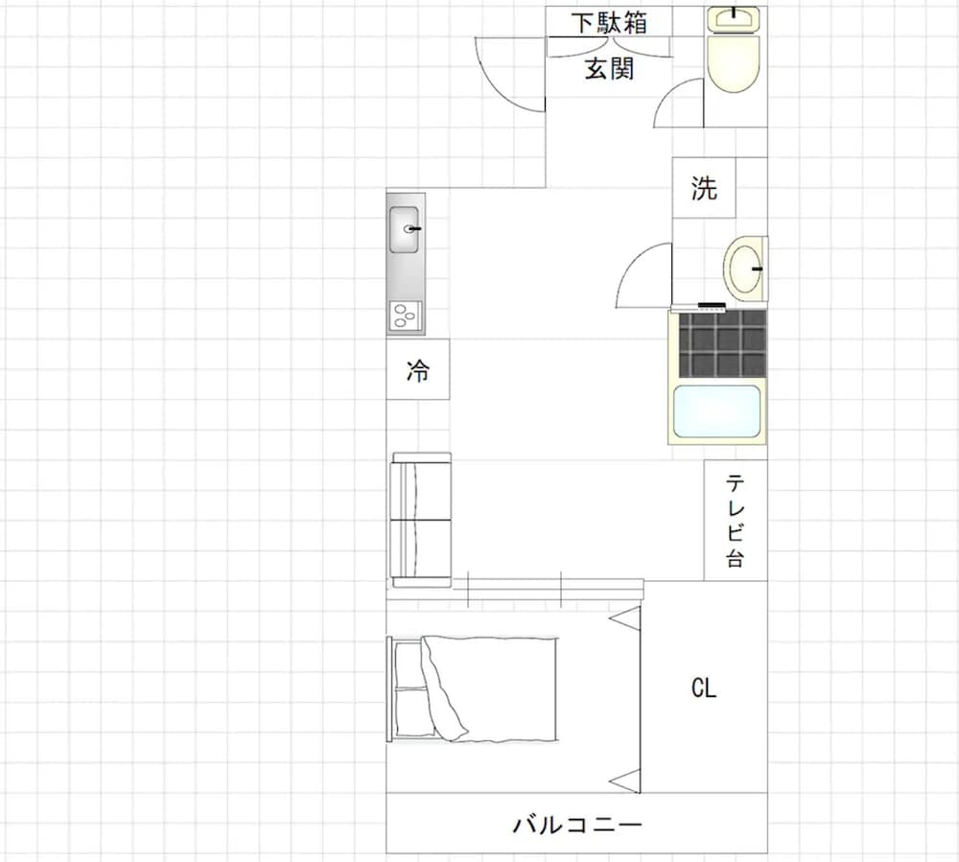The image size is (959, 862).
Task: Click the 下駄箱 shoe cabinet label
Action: (609, 23)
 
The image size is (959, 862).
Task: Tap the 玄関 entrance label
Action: (609, 68)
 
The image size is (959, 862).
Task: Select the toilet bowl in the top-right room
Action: (734, 63)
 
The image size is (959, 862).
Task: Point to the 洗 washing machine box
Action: (704, 188)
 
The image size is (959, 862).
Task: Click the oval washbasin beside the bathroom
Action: (745, 269)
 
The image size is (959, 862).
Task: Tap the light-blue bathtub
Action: (716, 411)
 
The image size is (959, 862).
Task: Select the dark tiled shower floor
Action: (722, 343)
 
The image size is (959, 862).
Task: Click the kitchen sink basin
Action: (405, 230)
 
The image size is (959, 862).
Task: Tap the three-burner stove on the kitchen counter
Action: (406, 316)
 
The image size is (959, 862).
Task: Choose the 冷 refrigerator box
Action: (418, 369)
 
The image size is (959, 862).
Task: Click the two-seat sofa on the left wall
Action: (421, 521)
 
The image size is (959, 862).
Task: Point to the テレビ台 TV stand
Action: (736, 521)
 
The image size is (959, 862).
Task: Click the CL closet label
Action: (703, 688)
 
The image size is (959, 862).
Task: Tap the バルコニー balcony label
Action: (577, 824)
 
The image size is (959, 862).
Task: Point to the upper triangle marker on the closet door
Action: (625, 618)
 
